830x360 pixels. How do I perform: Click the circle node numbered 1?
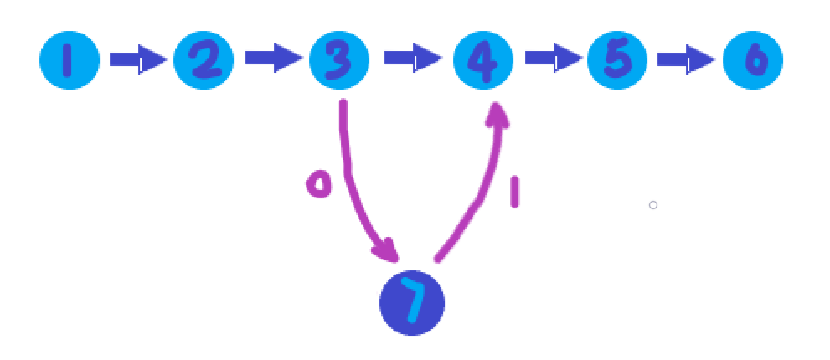pos(70,60)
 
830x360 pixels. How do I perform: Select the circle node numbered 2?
pos(204,60)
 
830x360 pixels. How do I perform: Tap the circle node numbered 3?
pos(339,60)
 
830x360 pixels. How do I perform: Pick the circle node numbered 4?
pos(483,61)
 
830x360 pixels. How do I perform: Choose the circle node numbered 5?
pos(617,60)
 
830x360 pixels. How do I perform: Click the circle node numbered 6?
pos(752,60)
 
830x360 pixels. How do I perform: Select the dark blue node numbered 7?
pos(412,303)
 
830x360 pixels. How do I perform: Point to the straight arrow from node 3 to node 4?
pos(412,60)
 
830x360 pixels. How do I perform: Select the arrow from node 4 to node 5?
pos(553,60)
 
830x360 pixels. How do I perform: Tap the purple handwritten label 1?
pos(514,191)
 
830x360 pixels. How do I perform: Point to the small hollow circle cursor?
pos(653,205)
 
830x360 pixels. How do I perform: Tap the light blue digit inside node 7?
pos(412,303)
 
